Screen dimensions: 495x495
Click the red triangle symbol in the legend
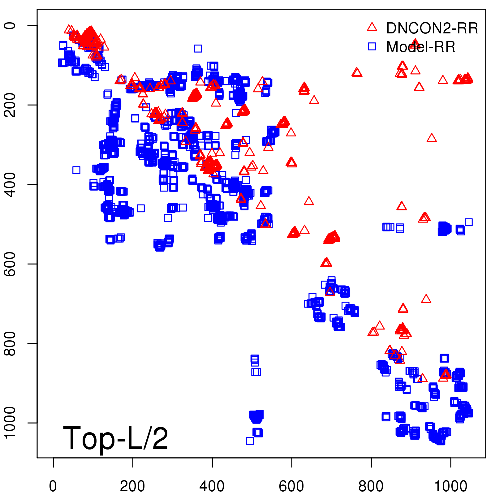[372, 27]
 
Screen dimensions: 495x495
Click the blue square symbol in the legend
[372, 46]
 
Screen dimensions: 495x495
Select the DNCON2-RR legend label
[432, 28]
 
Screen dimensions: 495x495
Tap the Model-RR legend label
[421, 47]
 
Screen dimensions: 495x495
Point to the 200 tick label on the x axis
[132, 486]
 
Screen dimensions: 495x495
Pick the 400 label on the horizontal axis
[212, 486]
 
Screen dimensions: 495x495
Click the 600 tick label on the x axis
[291, 486]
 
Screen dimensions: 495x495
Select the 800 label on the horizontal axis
[371, 486]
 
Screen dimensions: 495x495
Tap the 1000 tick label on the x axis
[451, 486]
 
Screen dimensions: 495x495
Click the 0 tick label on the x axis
[53, 486]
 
